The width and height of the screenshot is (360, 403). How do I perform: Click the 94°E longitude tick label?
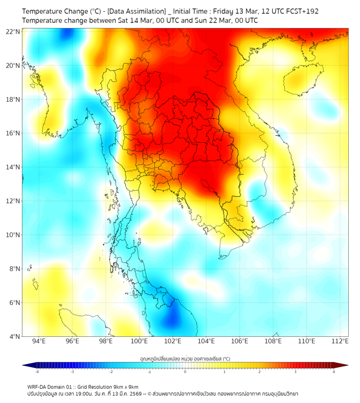coord(39,341)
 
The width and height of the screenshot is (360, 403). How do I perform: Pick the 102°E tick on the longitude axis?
coord(173,341)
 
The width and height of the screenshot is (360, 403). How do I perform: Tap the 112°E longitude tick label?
coord(340,341)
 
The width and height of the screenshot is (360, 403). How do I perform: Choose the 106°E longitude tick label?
coord(240,341)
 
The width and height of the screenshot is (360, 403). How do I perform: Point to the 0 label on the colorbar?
coord(185,372)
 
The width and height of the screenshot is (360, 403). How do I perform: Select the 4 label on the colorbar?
coord(334,372)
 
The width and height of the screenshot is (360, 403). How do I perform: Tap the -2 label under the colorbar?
coord(111,372)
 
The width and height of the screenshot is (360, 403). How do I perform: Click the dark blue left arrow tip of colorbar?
coord(24,365)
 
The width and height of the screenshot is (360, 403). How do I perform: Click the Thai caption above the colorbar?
coord(185,358)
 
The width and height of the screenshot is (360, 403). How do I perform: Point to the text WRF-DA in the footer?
coord(36,386)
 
